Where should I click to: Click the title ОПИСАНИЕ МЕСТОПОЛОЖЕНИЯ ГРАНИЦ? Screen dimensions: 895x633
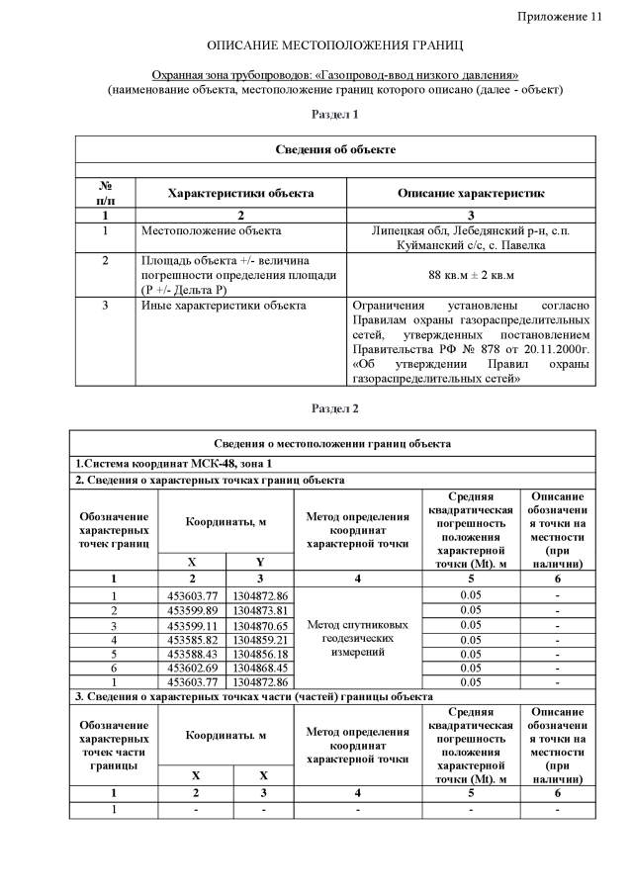(x=335, y=46)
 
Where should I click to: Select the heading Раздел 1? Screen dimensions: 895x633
(x=335, y=116)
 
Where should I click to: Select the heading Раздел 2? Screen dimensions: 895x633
(x=335, y=408)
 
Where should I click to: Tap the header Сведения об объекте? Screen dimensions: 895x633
(x=335, y=149)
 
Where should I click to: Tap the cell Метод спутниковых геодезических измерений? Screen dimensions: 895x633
(x=358, y=639)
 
